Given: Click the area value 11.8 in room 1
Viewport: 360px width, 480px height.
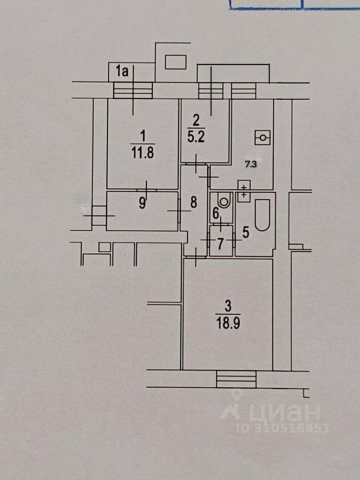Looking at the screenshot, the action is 142,153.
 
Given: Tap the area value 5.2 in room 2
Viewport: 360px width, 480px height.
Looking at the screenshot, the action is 196,137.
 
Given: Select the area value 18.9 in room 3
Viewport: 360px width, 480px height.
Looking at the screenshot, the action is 228,323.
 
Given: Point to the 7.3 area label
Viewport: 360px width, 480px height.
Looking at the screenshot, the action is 250,164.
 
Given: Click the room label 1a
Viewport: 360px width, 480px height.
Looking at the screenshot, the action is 122,71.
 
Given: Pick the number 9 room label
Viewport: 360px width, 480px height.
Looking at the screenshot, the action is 142,203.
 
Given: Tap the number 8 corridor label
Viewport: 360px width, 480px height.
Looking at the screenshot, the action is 193,202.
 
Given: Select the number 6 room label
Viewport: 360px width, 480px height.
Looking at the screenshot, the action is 216,213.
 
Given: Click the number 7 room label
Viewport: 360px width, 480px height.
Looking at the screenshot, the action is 220,244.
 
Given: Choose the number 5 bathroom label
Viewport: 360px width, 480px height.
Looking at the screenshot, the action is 246,232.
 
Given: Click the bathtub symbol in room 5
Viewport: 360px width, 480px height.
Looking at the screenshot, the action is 262,215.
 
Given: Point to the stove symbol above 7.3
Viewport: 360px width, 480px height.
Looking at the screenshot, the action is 262,138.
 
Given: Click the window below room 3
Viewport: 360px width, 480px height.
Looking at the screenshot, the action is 236,379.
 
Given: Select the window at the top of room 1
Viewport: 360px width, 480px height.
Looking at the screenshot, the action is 133,90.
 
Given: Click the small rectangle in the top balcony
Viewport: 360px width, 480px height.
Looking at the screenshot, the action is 175,62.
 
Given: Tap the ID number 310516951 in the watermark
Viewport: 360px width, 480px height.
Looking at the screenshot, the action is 282,428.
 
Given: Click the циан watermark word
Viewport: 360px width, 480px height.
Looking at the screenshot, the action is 285,412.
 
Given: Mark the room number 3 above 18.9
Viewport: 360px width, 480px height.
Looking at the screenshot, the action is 228,306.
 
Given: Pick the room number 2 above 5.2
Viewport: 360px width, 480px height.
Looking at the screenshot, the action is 196,120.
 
